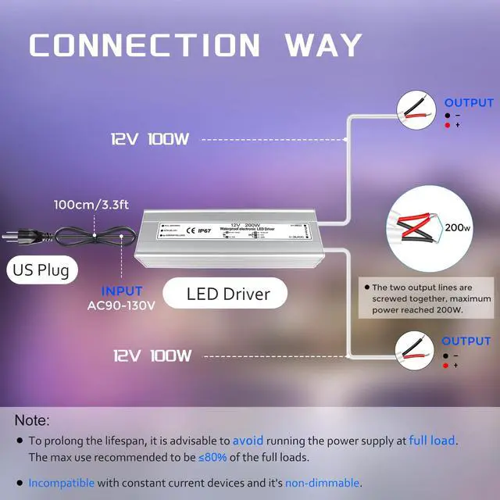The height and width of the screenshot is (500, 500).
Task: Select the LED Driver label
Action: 228,295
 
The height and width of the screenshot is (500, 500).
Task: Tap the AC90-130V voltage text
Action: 123,305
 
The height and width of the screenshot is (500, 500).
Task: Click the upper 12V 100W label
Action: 150,140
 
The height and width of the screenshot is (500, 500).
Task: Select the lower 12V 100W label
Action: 152,355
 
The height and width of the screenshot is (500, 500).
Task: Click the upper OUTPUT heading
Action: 469,102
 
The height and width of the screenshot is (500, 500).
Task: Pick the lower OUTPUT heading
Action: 466,341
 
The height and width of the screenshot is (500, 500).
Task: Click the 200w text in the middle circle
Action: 458,229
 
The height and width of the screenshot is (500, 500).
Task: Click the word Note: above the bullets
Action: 31,420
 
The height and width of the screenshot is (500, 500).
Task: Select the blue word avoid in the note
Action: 253,441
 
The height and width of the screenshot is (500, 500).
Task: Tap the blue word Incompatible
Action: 62,483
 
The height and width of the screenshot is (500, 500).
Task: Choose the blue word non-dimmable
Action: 322,483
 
